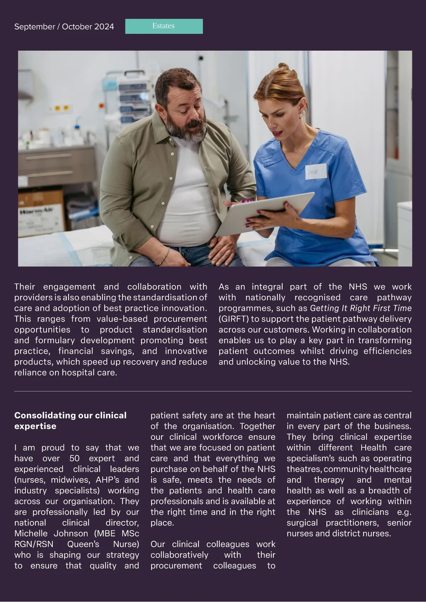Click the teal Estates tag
click(164, 26)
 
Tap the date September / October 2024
click(64, 27)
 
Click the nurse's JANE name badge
click(315, 172)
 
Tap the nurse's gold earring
click(300, 116)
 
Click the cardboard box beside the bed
click(41, 213)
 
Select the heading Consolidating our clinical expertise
click(70, 421)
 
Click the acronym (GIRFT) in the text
click(233, 319)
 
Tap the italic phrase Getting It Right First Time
click(361, 308)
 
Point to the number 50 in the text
click(75, 458)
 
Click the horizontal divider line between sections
click(213, 391)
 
